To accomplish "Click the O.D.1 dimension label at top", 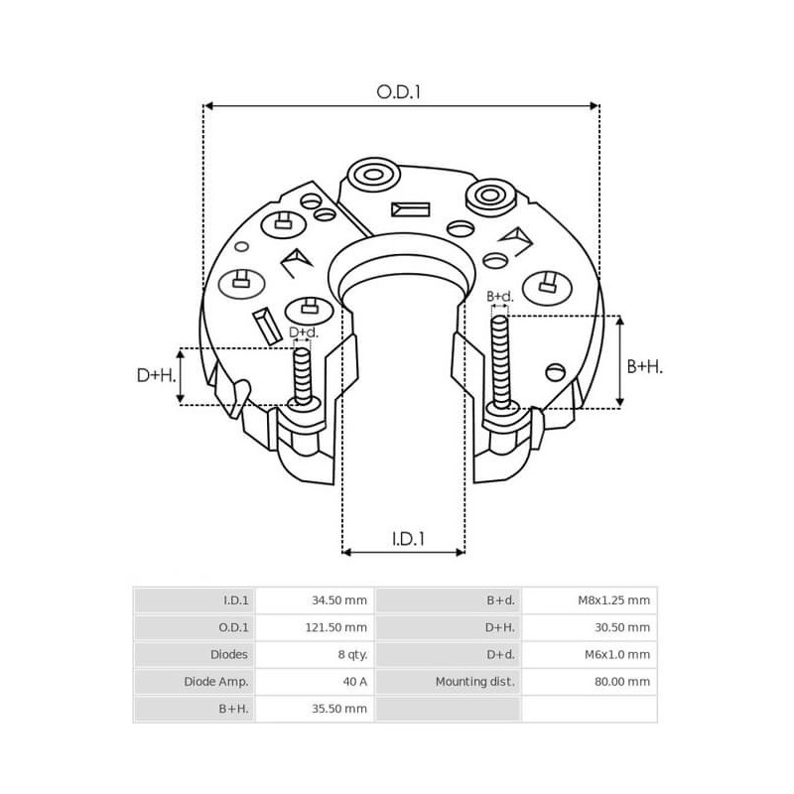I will click(400, 91).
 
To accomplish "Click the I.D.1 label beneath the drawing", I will click(408, 538).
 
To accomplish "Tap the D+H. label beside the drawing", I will click(156, 375).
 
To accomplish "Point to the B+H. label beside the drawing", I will click(645, 366).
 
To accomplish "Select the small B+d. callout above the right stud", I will click(500, 296).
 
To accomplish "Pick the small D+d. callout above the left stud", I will click(303, 332).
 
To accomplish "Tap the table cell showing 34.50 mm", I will click(339, 600).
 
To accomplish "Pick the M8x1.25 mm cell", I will click(613, 600).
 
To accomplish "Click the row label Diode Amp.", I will click(215, 682).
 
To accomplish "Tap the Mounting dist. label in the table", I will click(473, 682).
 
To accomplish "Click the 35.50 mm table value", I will click(339, 709).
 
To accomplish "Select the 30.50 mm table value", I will click(624, 627).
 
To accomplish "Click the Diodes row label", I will click(229, 654).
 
